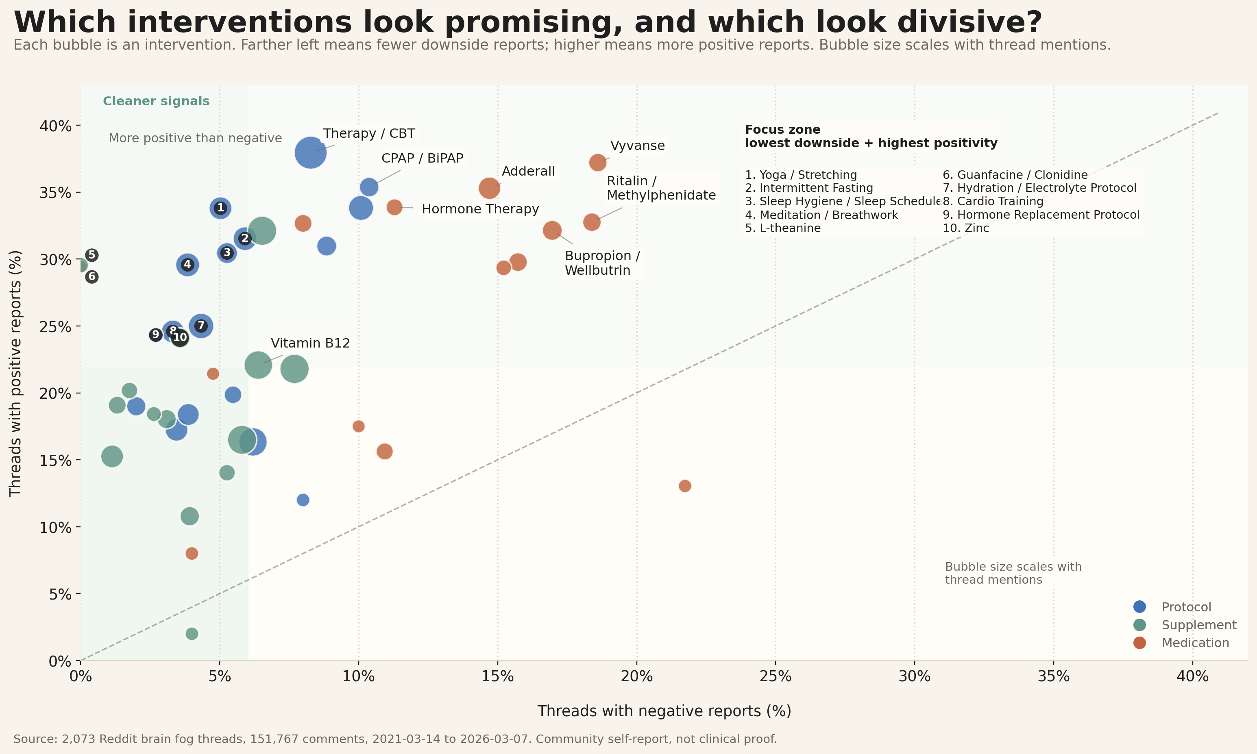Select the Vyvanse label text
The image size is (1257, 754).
tap(637, 146)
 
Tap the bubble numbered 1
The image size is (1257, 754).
tap(220, 208)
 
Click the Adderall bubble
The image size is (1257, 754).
tap(489, 188)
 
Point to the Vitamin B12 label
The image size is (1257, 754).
tap(310, 343)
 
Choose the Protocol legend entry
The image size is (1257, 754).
tap(1186, 606)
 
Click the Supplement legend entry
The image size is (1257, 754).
tap(1198, 625)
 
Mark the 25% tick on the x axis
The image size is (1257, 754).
tap(776, 677)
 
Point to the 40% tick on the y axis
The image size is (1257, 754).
tap(55, 126)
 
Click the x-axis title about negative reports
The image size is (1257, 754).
tap(664, 711)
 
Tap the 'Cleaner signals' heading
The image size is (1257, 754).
tap(156, 101)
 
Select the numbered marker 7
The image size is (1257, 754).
tap(201, 326)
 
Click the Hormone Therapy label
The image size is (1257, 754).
tap(480, 209)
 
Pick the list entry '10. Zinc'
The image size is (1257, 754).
tap(966, 228)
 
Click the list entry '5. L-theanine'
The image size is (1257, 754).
tap(783, 228)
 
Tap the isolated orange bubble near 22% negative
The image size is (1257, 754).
tap(685, 486)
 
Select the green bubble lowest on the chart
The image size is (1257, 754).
tap(192, 634)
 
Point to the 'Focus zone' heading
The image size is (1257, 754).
tap(782, 130)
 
